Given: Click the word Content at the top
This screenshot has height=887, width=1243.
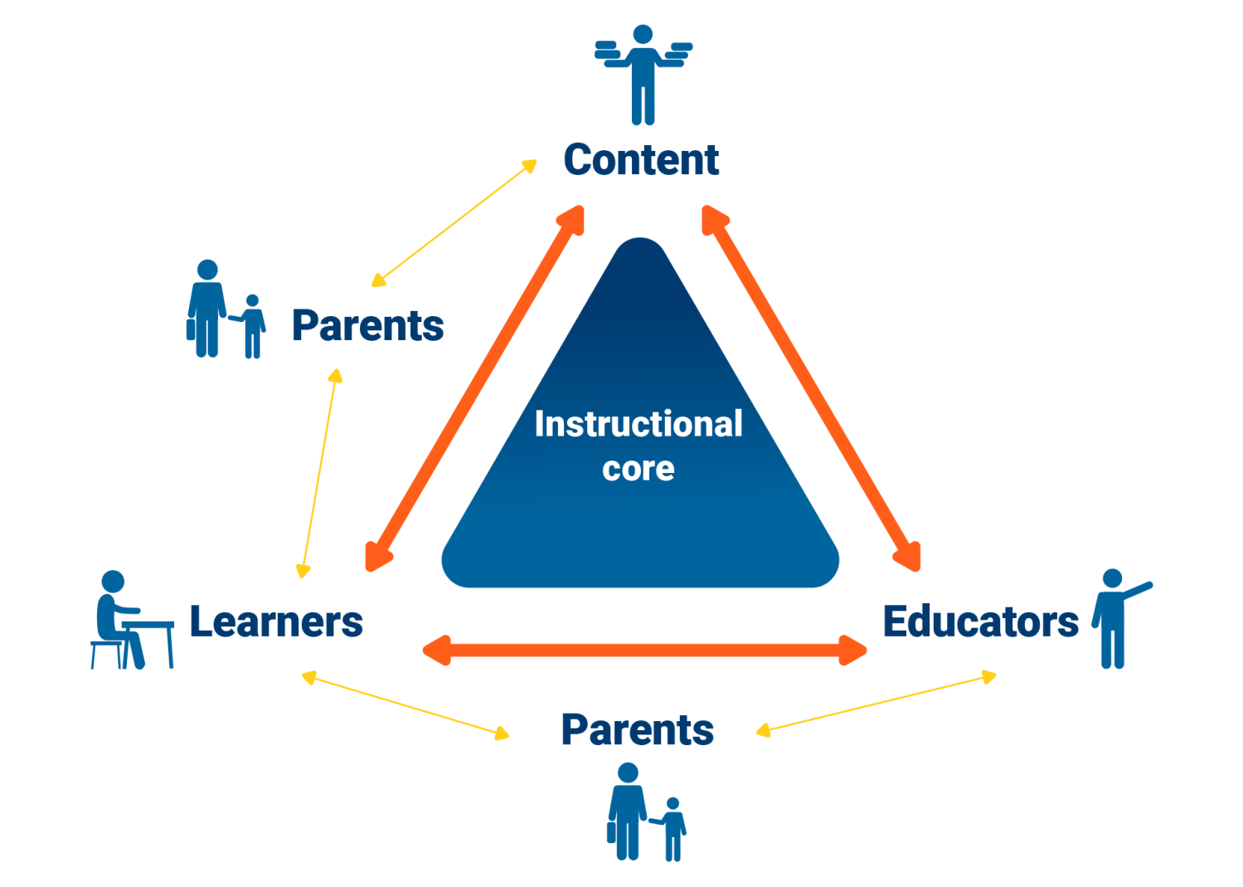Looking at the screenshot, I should (641, 159).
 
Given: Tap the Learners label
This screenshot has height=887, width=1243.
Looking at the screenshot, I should (276, 621).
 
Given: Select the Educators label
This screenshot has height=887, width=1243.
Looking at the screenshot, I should (980, 621).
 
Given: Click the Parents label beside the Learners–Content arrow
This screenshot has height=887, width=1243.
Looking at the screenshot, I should (367, 325).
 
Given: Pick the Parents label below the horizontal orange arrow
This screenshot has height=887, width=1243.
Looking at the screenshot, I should (637, 730).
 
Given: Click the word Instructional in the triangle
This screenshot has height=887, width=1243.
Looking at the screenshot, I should (638, 424).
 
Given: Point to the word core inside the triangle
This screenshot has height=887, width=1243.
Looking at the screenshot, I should (638, 469).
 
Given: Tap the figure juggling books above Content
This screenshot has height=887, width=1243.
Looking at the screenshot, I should (643, 75).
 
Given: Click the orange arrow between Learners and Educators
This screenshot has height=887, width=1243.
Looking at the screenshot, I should (644, 650).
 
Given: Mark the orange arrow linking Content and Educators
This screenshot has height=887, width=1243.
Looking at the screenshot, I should (811, 388).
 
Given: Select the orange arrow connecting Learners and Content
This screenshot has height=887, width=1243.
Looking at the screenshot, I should (476, 388).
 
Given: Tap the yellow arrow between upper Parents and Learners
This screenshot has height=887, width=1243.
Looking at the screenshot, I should (319, 473).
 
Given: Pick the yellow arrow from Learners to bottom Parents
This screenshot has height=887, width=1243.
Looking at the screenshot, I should (405, 706).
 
